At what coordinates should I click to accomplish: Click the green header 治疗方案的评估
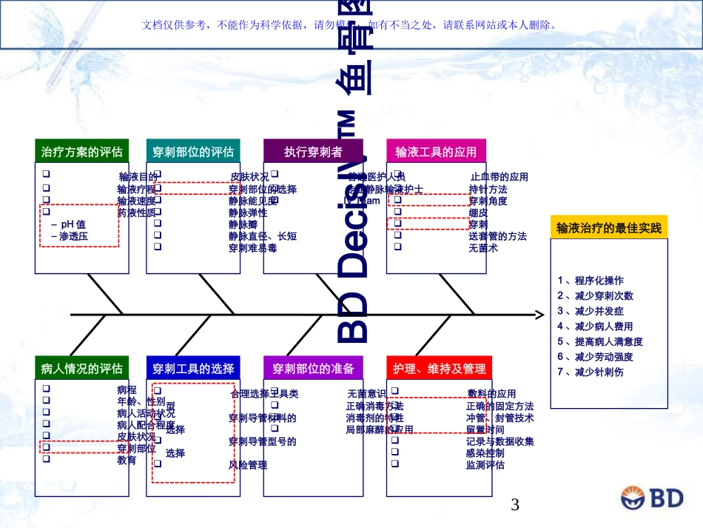pyautogui.click(x=82, y=152)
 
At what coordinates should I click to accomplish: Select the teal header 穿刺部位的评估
pyautogui.click(x=193, y=152)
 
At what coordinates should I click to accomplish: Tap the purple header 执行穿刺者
pyautogui.click(x=313, y=152)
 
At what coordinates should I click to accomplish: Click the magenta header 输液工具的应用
pyautogui.click(x=436, y=152)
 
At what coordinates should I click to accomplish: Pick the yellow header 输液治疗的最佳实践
pyautogui.click(x=608, y=227)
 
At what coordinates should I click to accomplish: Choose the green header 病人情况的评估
pyautogui.click(x=82, y=368)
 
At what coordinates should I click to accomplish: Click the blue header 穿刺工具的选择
pyautogui.click(x=193, y=368)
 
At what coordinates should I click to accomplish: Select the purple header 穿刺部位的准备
pyautogui.click(x=313, y=368)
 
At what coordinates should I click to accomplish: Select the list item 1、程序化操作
pyautogui.click(x=591, y=281)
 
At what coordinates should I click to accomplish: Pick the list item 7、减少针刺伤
pyautogui.click(x=591, y=372)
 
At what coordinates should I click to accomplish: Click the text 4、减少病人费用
pyautogui.click(x=595, y=326)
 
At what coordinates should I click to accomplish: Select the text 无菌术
pyautogui.click(x=483, y=248)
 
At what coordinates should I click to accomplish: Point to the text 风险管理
pyautogui.click(x=248, y=465)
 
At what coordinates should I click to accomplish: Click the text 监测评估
pyautogui.click(x=485, y=465)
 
